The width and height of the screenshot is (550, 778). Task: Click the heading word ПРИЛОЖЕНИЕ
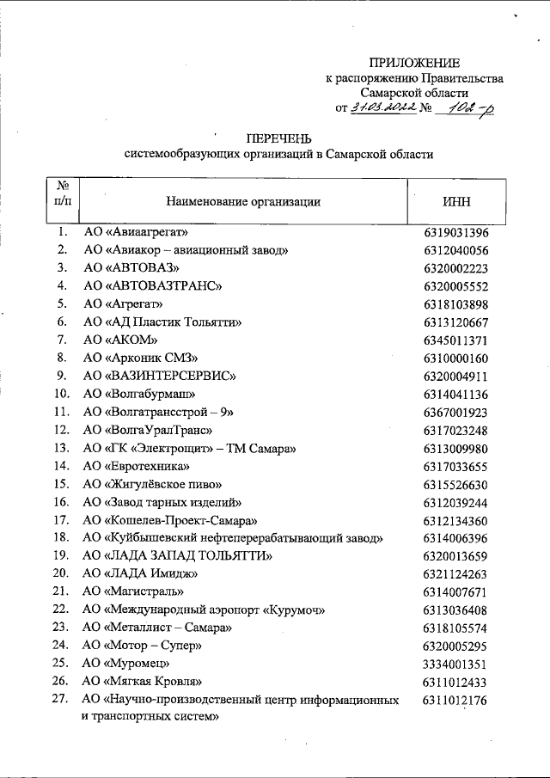[x=414, y=63]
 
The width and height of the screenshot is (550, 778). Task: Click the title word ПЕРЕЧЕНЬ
[x=278, y=138]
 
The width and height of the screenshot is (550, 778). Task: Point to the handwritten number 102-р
[x=468, y=107]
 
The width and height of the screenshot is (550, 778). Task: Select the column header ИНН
[x=455, y=202]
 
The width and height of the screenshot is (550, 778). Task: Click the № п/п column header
[x=62, y=193]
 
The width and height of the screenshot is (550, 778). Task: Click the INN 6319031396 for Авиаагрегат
[x=455, y=232]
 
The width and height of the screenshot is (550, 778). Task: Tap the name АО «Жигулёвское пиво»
[x=154, y=485]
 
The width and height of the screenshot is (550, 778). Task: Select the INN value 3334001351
[x=455, y=665]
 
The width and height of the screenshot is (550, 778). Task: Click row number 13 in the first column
[x=62, y=449]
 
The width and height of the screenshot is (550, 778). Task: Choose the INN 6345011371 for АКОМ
[x=455, y=340]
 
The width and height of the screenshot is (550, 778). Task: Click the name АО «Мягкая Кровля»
[x=142, y=683]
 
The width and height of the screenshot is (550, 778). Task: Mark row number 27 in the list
[x=62, y=701]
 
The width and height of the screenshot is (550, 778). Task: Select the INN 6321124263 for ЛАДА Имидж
[x=455, y=574]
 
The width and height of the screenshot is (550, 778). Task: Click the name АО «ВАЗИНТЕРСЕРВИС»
[x=159, y=377]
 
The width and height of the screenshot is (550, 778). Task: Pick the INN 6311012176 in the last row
[x=455, y=701]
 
